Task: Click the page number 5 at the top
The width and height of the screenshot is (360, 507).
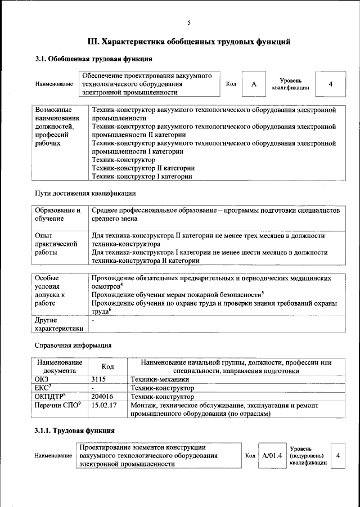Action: point(189,23)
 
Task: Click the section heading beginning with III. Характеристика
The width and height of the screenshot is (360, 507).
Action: point(189,42)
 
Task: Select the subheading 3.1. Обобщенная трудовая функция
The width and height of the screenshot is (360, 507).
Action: point(93,59)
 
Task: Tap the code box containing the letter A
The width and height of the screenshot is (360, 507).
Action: point(254,84)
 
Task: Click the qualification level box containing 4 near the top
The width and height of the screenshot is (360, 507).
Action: point(331,84)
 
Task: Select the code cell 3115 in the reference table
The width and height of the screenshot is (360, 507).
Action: point(99,380)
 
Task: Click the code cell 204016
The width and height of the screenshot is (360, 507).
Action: point(102,396)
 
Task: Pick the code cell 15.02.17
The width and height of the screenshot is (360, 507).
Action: point(103,405)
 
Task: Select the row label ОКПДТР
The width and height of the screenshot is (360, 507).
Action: point(50,396)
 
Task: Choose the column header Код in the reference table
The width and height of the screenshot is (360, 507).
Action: point(108,367)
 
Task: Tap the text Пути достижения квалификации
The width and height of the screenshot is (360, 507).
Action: point(85,194)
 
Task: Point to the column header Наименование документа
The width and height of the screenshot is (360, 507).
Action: point(60,367)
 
